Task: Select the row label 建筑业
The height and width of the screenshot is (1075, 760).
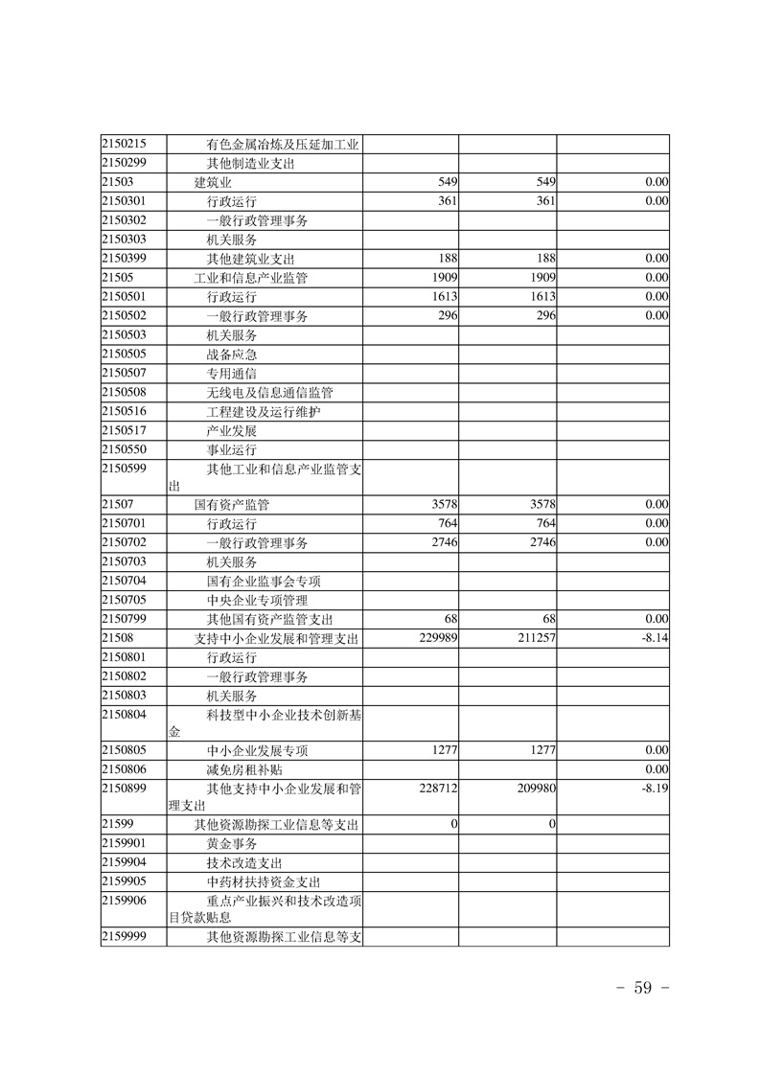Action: [215, 182]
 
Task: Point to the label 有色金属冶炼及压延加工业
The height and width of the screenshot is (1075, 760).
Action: [283, 144]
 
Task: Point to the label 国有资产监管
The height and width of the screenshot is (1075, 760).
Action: [232, 504]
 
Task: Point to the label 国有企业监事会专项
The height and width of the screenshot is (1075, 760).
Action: [264, 581]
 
